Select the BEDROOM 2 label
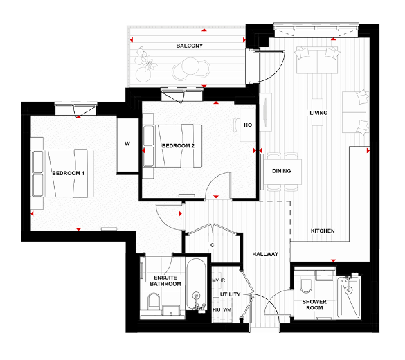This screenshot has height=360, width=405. click(179, 146)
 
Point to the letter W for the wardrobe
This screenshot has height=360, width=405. click(127, 144)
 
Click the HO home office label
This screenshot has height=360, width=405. click(247, 125)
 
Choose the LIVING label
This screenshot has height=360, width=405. click(318, 113)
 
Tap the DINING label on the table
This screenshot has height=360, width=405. click(281, 171)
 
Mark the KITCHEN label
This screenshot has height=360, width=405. click(323, 230)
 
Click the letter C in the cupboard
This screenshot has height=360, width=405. click(213, 245)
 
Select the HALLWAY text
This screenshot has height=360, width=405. click(265, 255)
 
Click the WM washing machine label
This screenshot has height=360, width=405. click(227, 309)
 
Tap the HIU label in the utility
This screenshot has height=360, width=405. click(216, 309)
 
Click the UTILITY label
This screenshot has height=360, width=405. click(230, 295)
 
